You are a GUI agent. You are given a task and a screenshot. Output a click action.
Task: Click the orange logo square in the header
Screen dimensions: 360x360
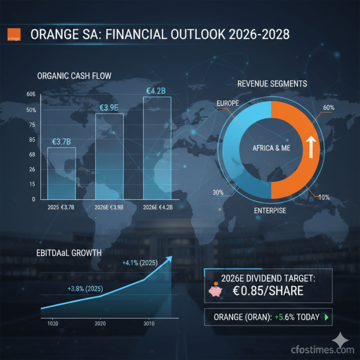[x=14, y=35]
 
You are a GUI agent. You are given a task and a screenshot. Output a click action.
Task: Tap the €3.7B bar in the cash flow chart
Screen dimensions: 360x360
[x=61, y=173]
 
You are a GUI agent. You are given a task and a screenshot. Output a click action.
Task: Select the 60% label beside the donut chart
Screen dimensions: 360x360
[x=329, y=108]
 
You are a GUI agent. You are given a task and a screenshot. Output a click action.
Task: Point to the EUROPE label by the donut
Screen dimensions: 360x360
[x=228, y=103]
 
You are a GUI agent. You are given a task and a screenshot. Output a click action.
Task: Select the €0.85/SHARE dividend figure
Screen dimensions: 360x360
[x=268, y=291]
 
